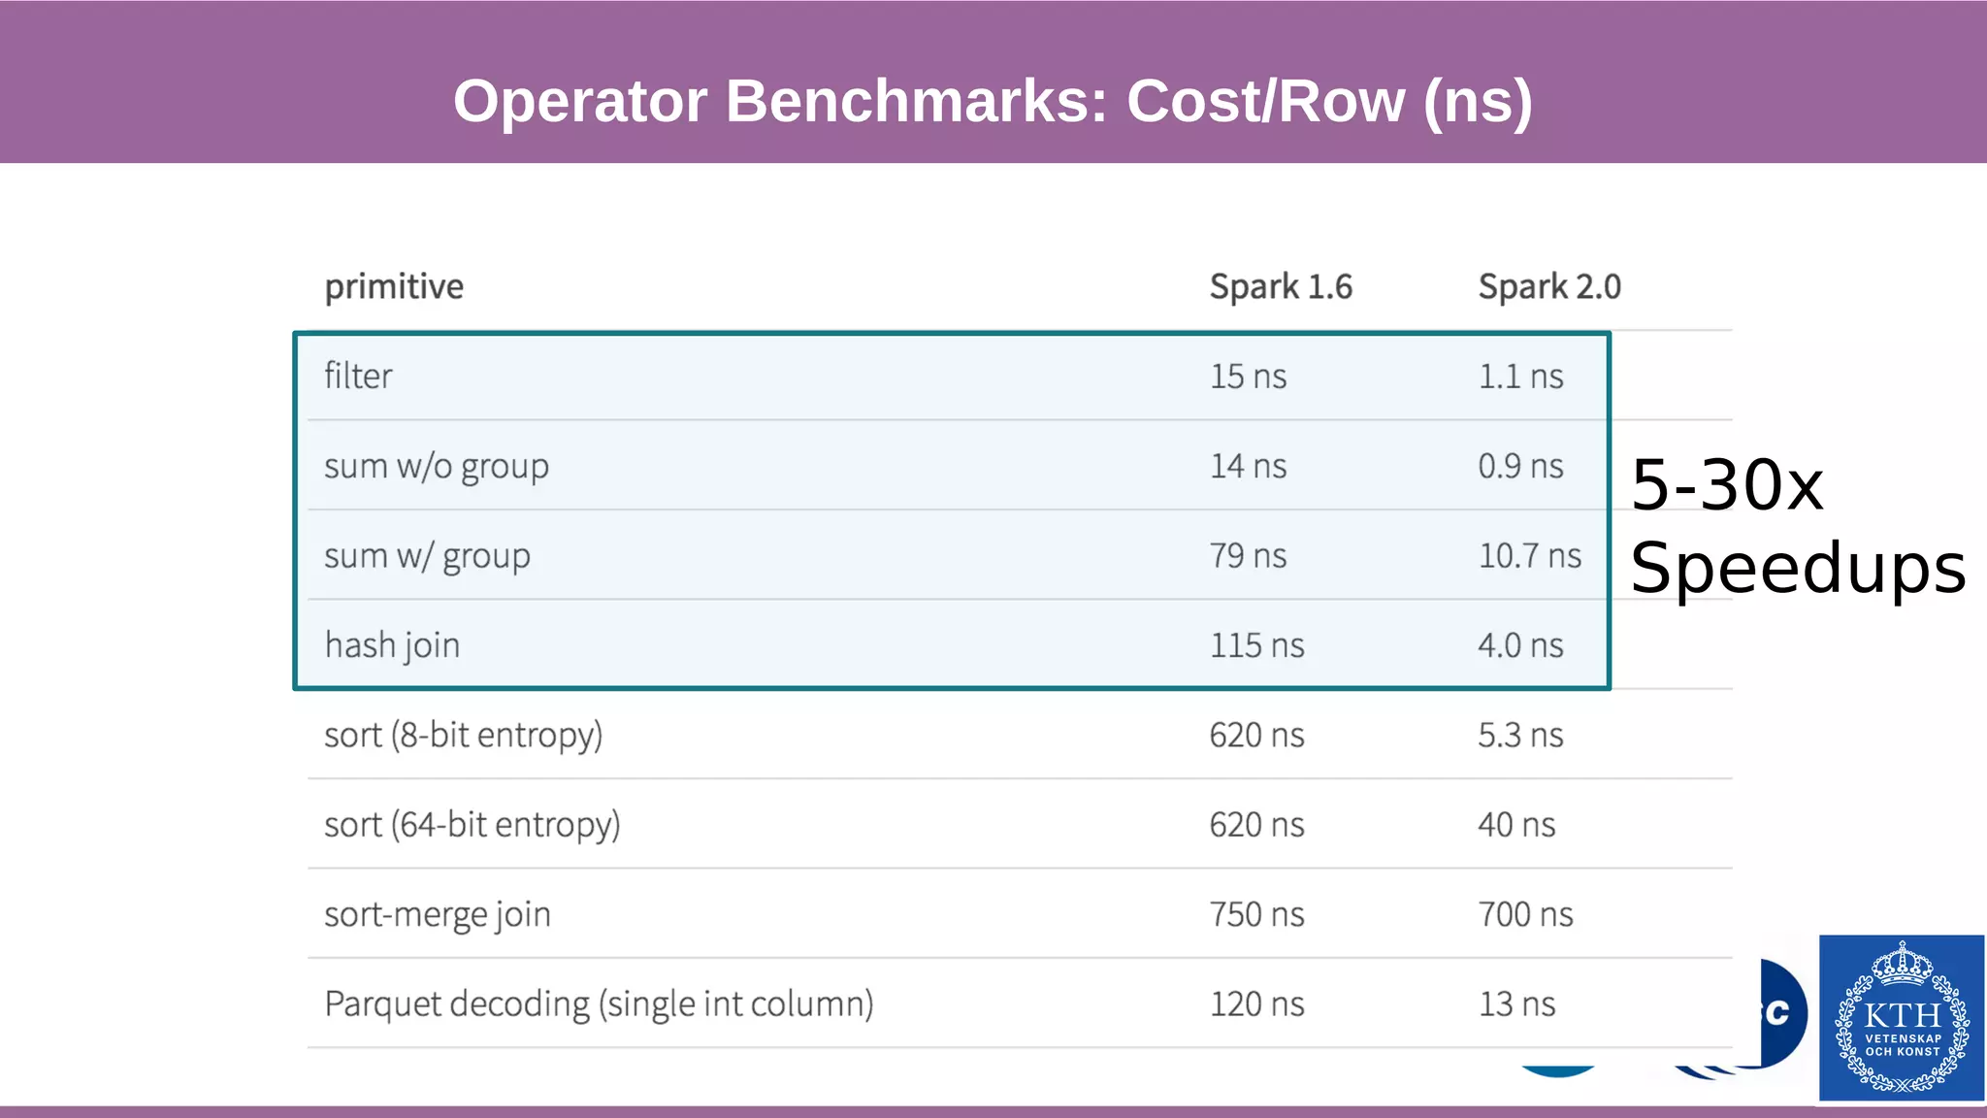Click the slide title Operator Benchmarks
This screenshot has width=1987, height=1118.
993,101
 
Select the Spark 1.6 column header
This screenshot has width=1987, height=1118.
1280,287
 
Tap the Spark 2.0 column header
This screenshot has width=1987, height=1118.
1548,287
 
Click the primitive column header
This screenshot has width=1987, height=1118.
394,287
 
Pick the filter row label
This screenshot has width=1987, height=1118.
358,377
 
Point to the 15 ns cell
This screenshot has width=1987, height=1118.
1248,377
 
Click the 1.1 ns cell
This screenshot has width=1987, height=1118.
1520,377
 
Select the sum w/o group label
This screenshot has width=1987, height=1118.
437,467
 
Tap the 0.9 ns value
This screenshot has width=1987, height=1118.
1520,467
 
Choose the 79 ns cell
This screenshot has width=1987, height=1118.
1248,556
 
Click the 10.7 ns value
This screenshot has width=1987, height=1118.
1529,556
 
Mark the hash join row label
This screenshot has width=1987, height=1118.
392,646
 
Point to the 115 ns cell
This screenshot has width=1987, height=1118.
1256,646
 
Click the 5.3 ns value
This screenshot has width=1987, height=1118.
1520,736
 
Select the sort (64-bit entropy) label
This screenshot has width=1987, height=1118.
472,825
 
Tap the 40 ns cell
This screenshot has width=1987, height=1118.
1516,825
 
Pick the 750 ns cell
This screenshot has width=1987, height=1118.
1256,915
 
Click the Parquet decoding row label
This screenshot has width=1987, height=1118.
599,1004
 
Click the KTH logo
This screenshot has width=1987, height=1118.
1902,1017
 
